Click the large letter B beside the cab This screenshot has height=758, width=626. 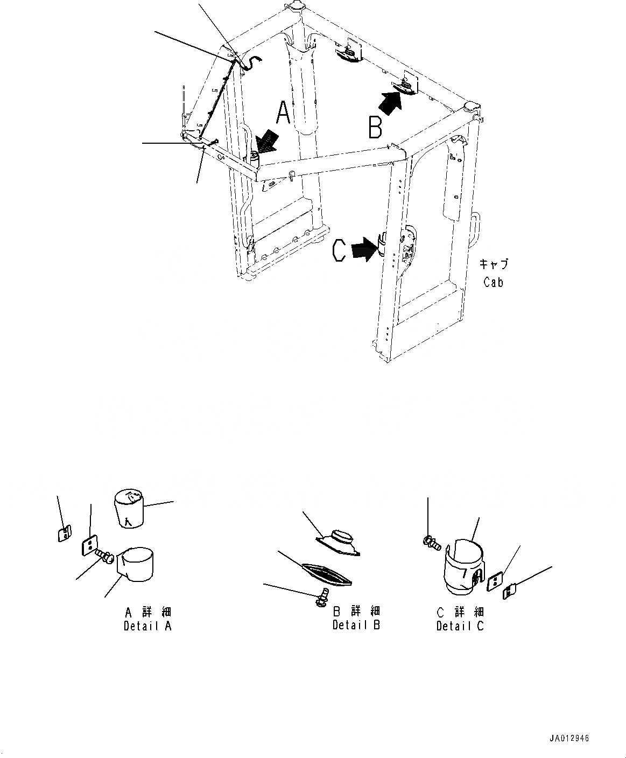375,127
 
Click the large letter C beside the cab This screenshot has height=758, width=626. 339,251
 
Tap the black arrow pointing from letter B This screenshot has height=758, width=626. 390,103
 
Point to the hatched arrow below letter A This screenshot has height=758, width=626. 267,141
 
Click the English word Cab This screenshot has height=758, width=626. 493,282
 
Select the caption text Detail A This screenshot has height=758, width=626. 147,626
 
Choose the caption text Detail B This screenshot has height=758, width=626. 356,625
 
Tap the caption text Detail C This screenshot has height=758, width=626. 460,626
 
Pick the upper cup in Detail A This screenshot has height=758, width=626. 129,509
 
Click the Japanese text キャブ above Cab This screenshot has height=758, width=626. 494,264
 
